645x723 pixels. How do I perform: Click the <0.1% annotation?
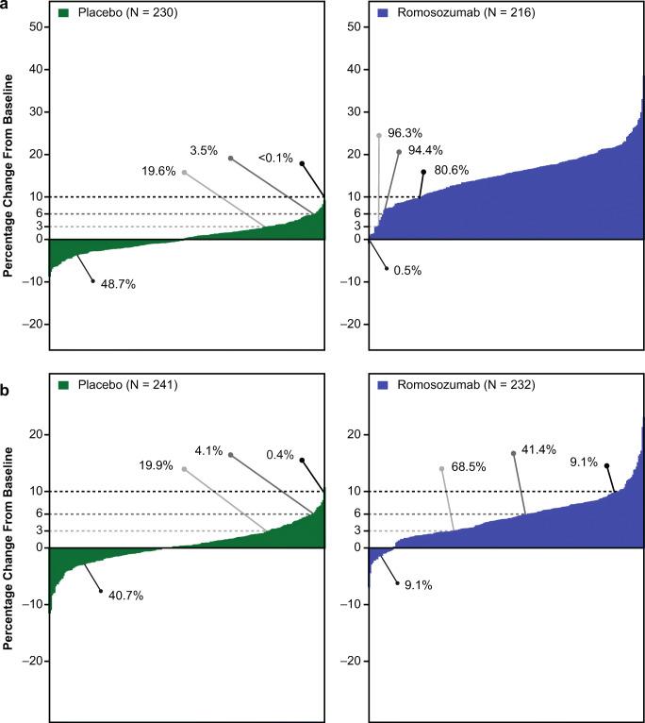[x=273, y=162]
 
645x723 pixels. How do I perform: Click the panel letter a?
[x=7, y=7]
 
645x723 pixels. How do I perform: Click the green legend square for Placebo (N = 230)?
[x=63, y=15]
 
